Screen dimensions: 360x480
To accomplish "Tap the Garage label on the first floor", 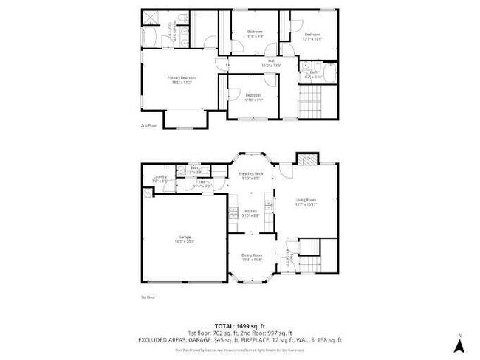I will pos(184,238).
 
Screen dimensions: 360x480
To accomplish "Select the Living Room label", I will pos(306,201).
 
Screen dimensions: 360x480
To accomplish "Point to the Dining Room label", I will pos(252,257).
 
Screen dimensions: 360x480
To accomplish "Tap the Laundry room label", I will pos(160,178).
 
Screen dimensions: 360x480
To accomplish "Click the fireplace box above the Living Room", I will pos(305,159).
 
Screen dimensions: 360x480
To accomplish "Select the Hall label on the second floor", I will pos(271,63).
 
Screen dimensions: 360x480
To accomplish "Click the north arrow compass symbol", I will pos(460,342).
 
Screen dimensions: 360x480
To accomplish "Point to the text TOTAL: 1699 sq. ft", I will pos(239,325).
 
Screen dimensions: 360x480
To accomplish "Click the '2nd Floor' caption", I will pos(148,126).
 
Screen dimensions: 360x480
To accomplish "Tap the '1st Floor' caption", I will pos(148,297).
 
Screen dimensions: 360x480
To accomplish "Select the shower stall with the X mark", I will pos(149,18).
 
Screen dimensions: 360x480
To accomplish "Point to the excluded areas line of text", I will pos(239,340).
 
